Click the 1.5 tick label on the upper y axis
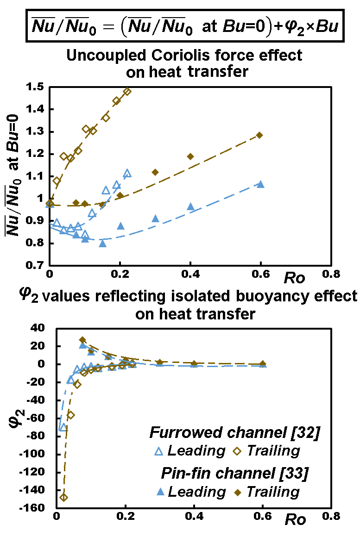[x=35, y=87]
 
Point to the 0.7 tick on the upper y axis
[x=35, y=266]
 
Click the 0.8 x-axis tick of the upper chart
[x=330, y=274]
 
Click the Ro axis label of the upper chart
[x=295, y=279]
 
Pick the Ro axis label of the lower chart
[x=295, y=519]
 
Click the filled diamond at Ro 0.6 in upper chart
[x=259, y=135]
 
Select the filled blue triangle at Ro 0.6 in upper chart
[x=261, y=184]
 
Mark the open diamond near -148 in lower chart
[x=64, y=498]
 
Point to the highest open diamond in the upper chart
[x=127, y=91]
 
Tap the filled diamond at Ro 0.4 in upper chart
[x=190, y=156]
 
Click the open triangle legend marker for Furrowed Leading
[x=157, y=450]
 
